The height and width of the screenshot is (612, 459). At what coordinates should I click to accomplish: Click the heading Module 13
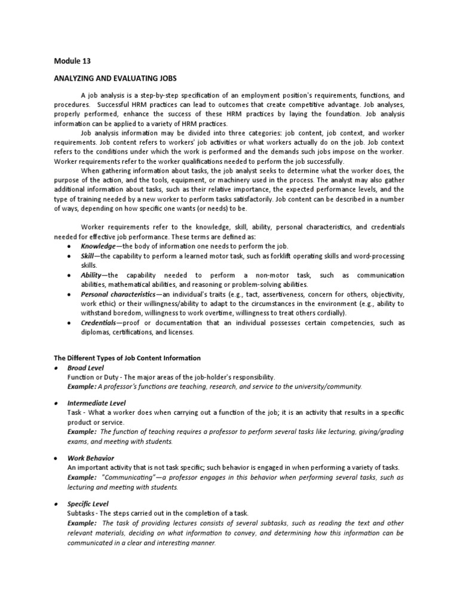(x=72, y=61)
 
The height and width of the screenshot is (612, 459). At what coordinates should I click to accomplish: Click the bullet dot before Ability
(x=71, y=276)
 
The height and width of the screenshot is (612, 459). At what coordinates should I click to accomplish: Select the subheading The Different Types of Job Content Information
(x=127, y=357)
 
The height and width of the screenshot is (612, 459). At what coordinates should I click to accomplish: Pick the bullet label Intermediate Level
(x=97, y=403)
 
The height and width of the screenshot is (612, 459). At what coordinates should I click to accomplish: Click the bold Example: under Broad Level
(x=84, y=387)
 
